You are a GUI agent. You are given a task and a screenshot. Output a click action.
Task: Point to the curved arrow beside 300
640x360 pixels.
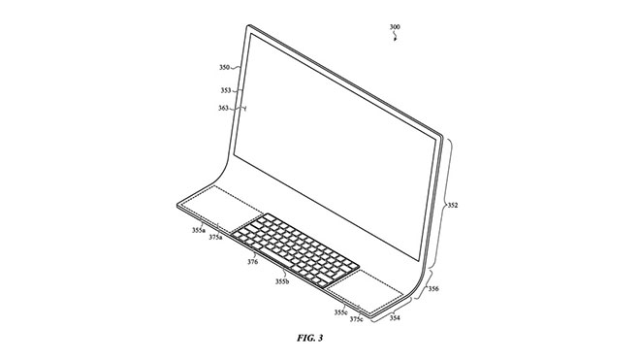[x=394, y=40]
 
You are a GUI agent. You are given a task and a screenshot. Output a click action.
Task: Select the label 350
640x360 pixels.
[x=225, y=70]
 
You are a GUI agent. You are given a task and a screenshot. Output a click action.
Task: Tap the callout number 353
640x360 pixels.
[x=225, y=89]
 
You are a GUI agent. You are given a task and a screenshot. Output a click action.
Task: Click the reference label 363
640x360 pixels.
[x=223, y=109]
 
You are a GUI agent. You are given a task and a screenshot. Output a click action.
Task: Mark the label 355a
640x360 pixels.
[x=198, y=230]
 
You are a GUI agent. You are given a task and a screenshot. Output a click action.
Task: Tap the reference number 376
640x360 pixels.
[x=252, y=261]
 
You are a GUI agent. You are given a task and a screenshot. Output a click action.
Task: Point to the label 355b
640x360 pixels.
[x=282, y=282]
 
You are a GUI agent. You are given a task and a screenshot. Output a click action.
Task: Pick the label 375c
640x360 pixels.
[x=357, y=319]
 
